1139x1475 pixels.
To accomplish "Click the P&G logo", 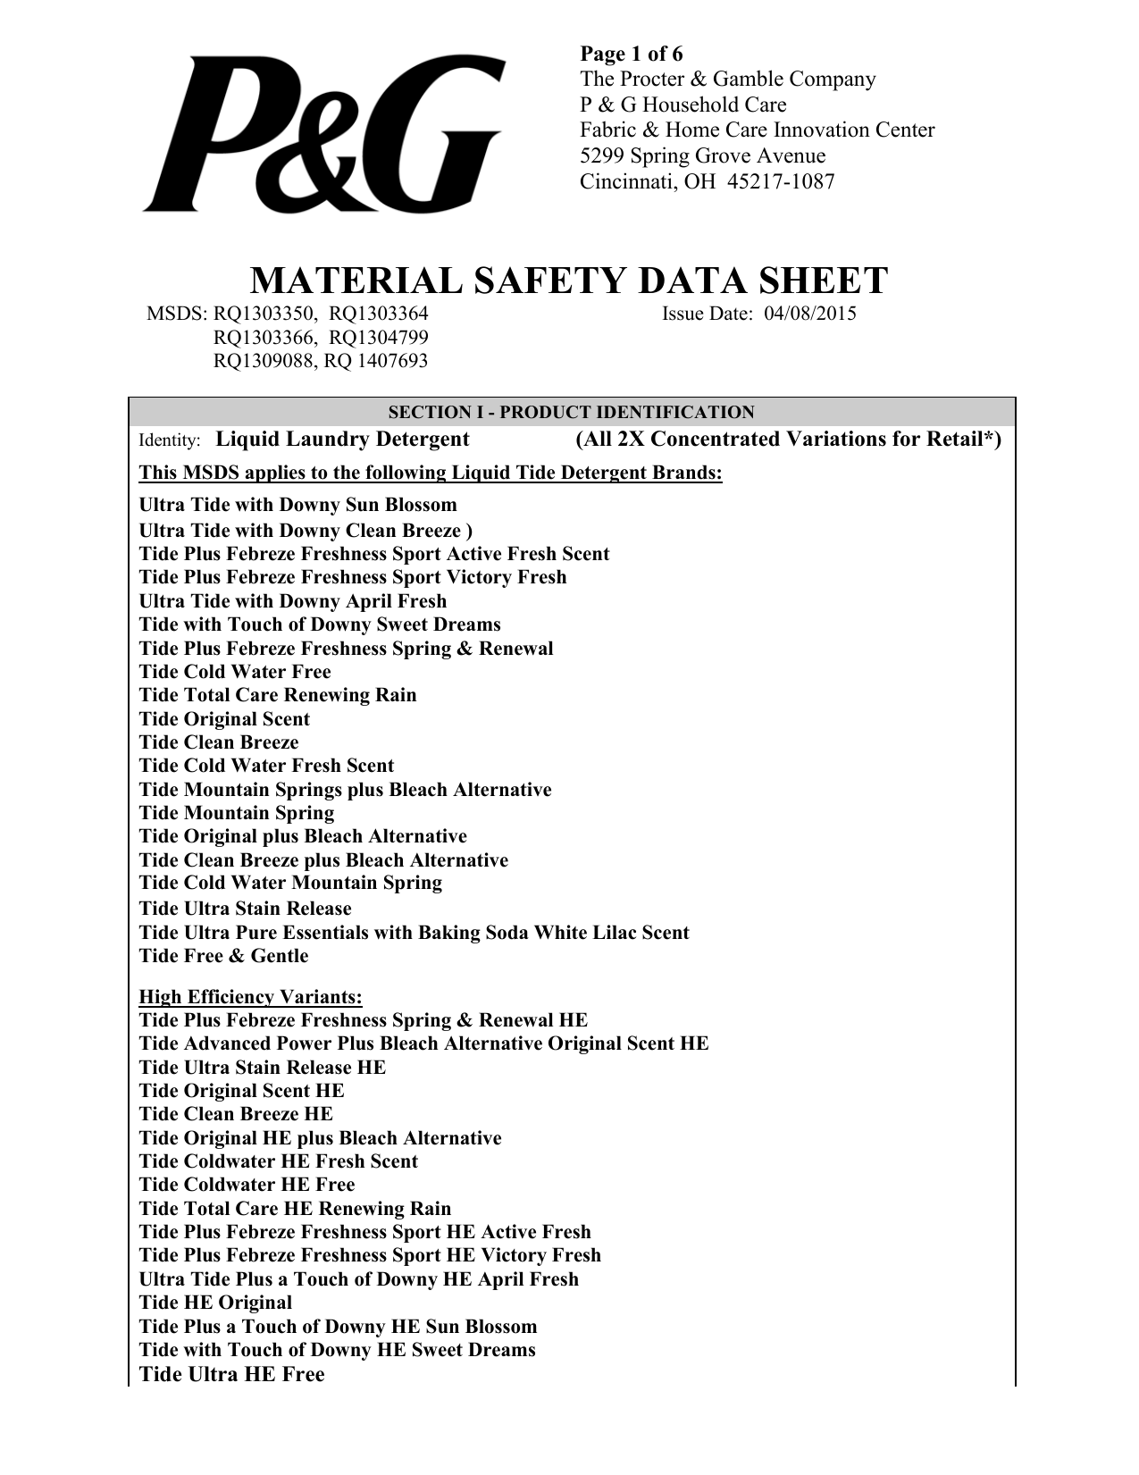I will (x=322, y=134).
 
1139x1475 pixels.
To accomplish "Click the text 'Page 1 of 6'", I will (x=632, y=54).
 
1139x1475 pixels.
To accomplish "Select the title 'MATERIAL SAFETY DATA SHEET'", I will (x=568, y=281).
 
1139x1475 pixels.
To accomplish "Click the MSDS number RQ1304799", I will (x=379, y=338).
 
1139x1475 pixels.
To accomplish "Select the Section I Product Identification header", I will (x=571, y=412).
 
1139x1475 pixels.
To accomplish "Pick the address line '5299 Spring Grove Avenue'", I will (x=703, y=156).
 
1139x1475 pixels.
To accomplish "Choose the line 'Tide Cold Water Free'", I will (x=235, y=672).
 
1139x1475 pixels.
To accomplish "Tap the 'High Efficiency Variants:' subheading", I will (x=251, y=997).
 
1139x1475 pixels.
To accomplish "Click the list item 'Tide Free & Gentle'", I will (x=223, y=956).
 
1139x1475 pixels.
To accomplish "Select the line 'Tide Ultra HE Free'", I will (x=232, y=1374).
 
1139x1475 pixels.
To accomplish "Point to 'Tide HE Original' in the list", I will (x=215, y=1303).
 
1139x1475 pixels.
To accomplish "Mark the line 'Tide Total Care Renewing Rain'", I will (x=278, y=695).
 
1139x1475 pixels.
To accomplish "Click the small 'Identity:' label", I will (x=170, y=440).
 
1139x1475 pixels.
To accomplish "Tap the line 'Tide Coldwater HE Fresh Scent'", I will (x=279, y=1161).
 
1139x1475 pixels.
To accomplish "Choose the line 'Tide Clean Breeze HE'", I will (x=236, y=1114).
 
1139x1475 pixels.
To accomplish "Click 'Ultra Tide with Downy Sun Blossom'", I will (x=298, y=505).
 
